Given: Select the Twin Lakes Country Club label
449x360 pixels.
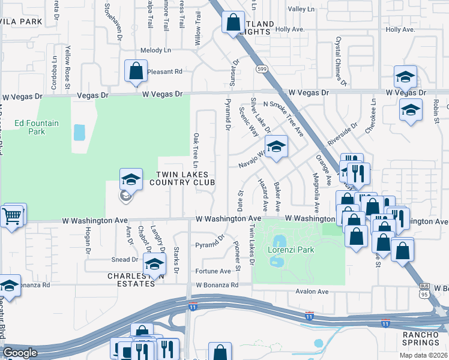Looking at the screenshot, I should (185, 178).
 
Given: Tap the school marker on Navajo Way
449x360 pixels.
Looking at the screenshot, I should (276, 146).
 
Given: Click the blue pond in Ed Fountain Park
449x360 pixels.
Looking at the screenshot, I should (79, 132).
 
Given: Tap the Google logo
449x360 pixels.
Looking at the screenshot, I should (20, 353).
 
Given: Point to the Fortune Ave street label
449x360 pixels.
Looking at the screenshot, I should (213, 271).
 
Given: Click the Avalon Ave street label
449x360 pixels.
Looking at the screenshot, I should (312, 292).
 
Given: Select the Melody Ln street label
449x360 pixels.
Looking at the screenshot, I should (155, 50).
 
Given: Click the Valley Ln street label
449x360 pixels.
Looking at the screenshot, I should (301, 10).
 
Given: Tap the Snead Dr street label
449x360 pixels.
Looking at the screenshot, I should (125, 259).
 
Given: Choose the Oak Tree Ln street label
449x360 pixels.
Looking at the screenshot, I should (196, 150).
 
